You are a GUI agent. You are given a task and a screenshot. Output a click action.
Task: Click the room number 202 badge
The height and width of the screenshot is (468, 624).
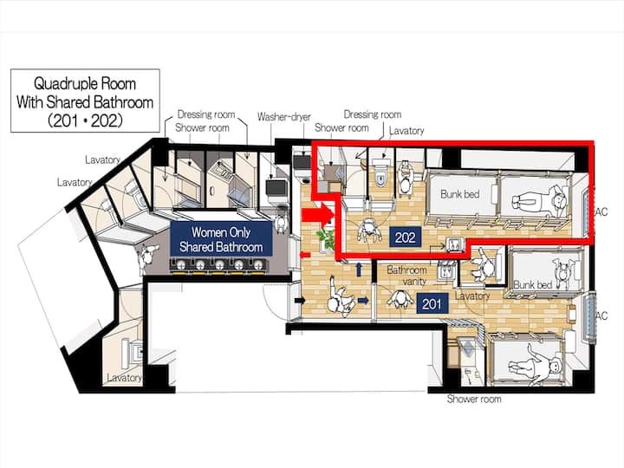click(x=405, y=237)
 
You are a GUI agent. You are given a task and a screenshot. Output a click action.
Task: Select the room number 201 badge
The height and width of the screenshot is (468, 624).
click(x=432, y=304)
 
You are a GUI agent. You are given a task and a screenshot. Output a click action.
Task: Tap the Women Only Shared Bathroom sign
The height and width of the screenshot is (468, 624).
click(x=221, y=239)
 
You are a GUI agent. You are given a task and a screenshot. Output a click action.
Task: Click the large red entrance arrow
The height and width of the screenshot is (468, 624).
click(x=317, y=215)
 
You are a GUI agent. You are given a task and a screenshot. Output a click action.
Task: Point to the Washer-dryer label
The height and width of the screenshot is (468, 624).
click(x=283, y=117)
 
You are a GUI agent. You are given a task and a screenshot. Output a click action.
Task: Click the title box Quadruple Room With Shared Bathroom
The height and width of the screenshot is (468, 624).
click(x=85, y=101)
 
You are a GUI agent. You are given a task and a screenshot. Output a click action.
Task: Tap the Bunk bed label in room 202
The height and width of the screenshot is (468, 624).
click(x=459, y=194)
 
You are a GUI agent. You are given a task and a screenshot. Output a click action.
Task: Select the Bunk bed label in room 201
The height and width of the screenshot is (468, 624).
click(x=532, y=284)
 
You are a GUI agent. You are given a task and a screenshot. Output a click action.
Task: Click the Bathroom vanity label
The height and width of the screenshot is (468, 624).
click(x=406, y=276)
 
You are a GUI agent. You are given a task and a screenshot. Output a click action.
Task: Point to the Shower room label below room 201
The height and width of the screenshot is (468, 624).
click(x=474, y=399)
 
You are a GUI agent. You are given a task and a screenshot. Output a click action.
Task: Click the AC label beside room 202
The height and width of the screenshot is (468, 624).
click(x=601, y=211)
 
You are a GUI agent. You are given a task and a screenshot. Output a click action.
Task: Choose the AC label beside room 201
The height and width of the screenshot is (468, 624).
click(x=601, y=316)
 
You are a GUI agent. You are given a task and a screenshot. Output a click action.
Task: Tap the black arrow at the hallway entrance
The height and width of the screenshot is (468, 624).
click(x=300, y=301)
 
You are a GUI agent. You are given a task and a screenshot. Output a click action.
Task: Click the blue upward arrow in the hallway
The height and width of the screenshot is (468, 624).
click(x=359, y=270)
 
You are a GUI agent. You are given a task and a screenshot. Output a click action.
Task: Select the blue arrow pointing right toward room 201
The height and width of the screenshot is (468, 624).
click(x=363, y=301)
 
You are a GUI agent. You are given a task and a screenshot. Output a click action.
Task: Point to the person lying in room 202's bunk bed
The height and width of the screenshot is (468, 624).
click(x=539, y=200)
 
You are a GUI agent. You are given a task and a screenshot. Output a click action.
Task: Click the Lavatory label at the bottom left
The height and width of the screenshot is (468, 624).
click(x=124, y=378)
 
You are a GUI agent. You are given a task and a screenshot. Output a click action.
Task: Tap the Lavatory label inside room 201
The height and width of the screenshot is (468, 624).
click(x=472, y=296)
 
